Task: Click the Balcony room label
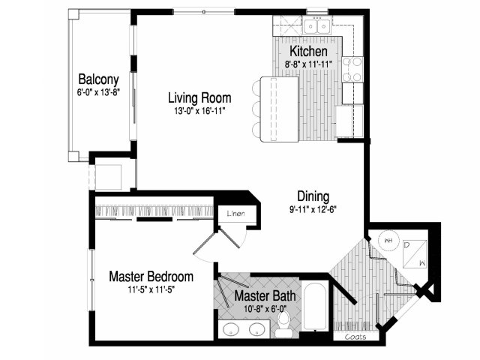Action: coord(98,79)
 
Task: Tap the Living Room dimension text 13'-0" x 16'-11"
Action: coord(199,111)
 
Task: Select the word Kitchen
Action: coord(308,51)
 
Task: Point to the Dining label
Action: coord(313,196)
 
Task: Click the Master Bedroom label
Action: coord(151,277)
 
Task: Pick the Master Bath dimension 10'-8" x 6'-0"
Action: coord(265,309)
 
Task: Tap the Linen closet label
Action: coord(236,214)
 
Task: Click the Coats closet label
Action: coord(355,337)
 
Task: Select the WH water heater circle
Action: coord(388,240)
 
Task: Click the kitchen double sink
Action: coord(316,25)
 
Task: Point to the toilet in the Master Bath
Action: coord(284,325)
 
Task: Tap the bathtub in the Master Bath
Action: coord(315,307)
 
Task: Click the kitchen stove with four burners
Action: coord(352,70)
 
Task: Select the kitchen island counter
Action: coord(279,109)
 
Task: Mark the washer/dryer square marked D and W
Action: coord(415,254)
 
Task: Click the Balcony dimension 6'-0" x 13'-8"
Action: coord(98,92)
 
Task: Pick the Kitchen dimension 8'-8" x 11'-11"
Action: coord(308,64)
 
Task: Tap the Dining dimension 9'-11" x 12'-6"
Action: coord(313,209)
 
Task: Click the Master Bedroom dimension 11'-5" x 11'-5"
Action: coord(151,289)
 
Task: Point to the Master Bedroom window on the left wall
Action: coord(91,280)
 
